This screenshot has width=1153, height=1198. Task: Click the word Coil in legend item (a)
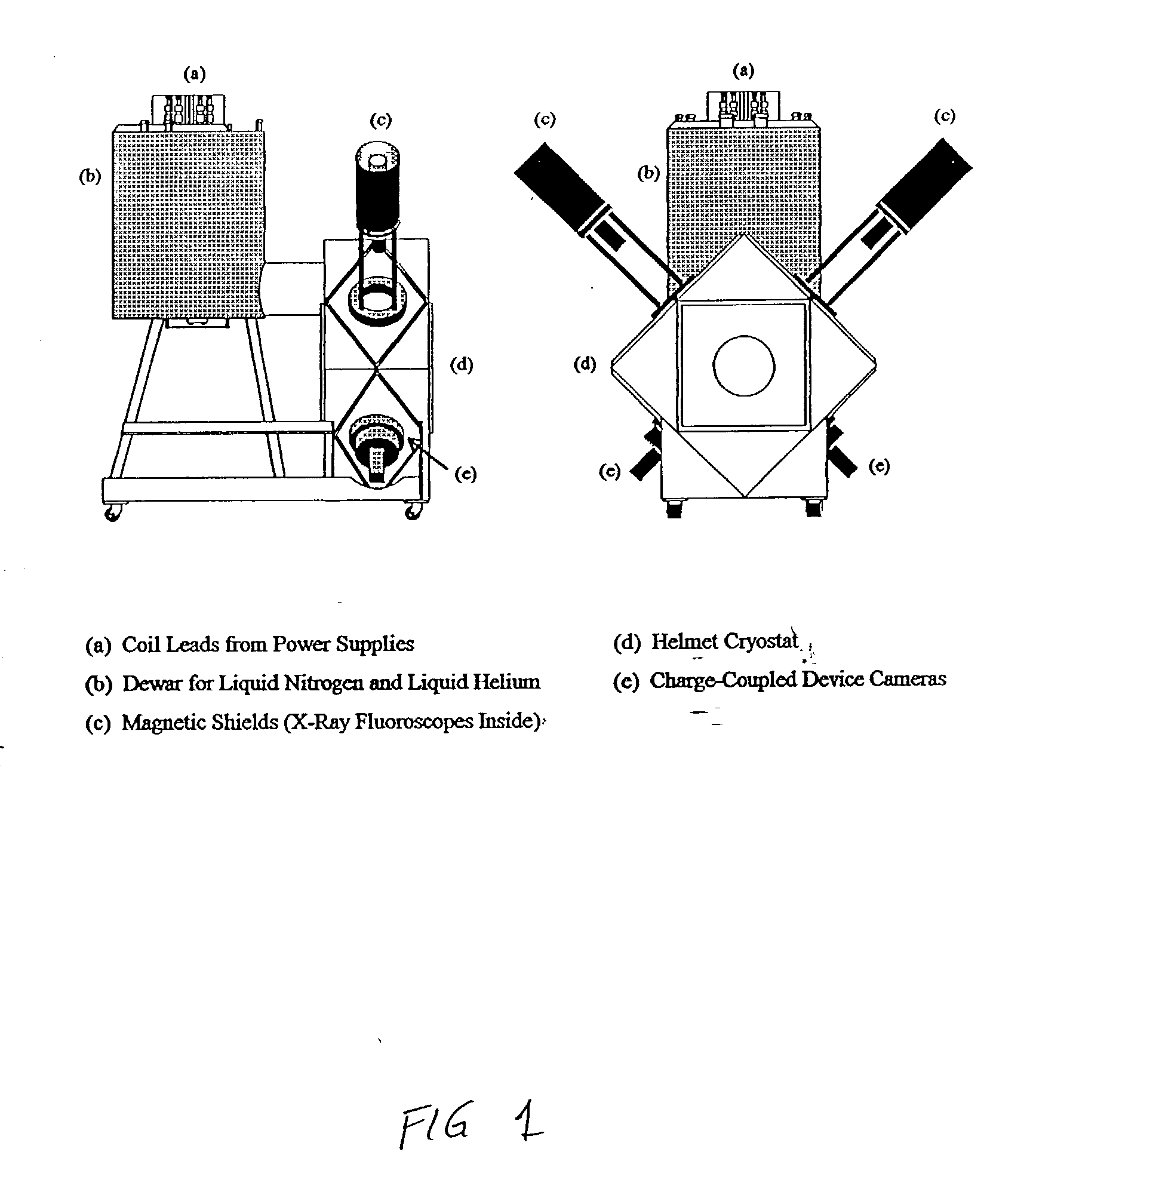click(140, 644)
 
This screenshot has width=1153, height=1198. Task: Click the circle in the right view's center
click(743, 365)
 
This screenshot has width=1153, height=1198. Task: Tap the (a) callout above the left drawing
click(194, 74)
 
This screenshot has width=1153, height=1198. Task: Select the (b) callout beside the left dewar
click(90, 177)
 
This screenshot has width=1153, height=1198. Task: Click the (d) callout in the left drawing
click(462, 365)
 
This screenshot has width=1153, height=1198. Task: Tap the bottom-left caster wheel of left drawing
click(112, 512)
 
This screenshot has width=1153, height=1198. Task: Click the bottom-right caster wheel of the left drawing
click(414, 511)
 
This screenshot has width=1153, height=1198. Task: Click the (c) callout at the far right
click(944, 116)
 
